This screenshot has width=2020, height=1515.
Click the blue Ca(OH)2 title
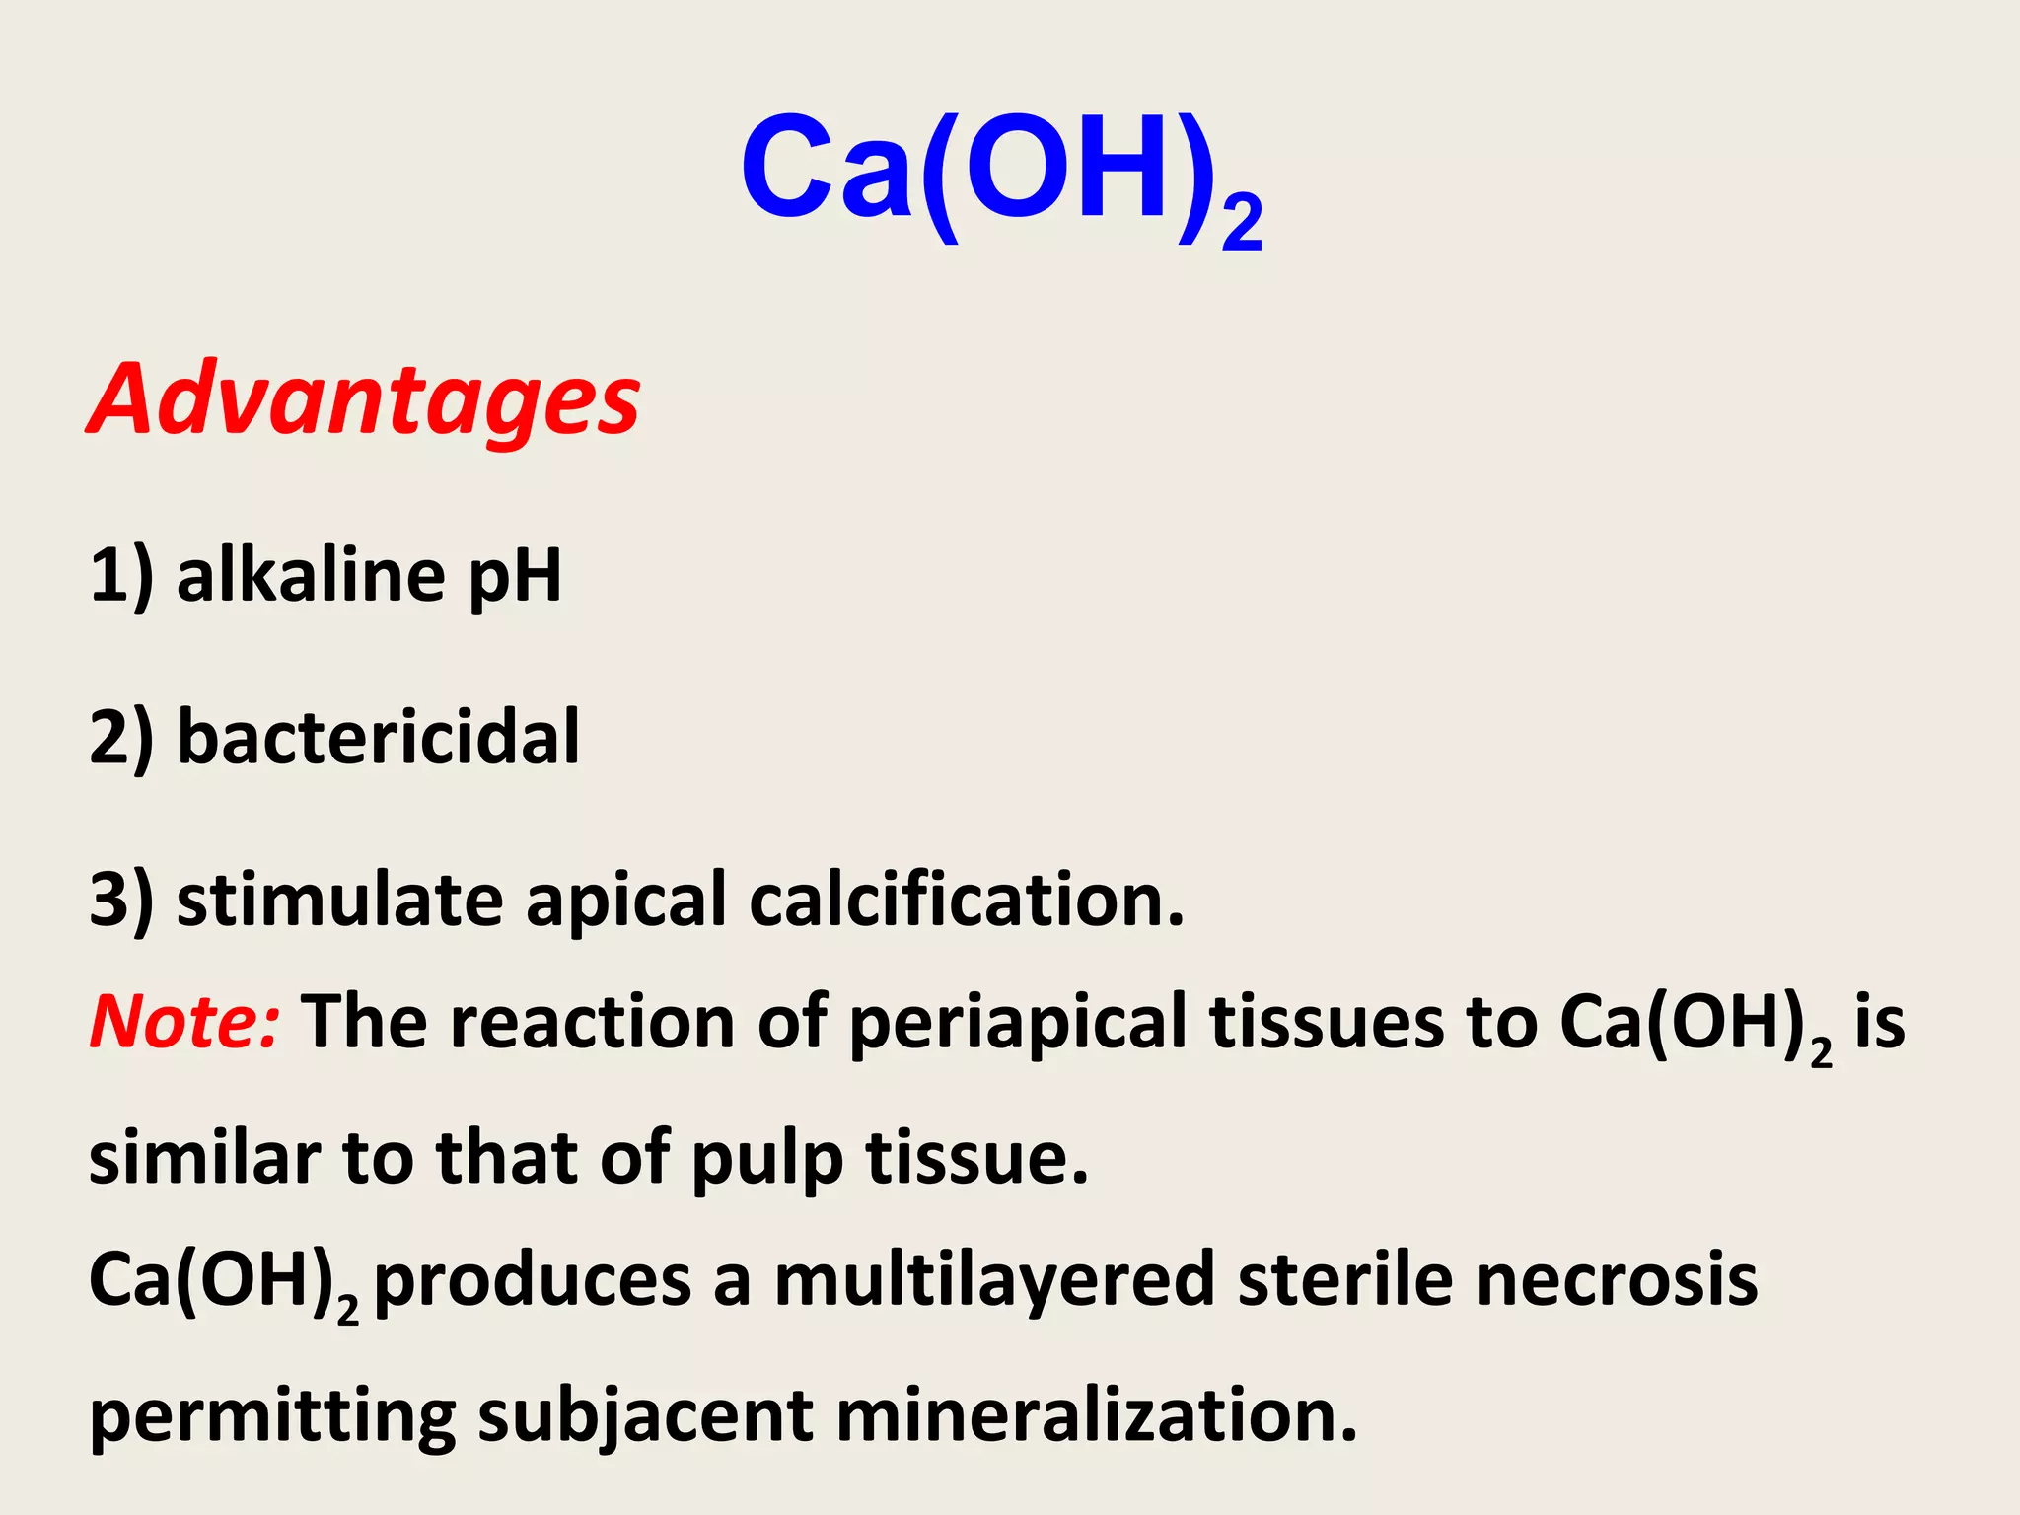click(x=1000, y=174)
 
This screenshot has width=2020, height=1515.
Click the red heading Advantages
click(x=364, y=399)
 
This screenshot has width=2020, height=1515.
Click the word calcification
click(x=967, y=900)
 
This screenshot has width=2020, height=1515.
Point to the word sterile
click(x=1345, y=1280)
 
